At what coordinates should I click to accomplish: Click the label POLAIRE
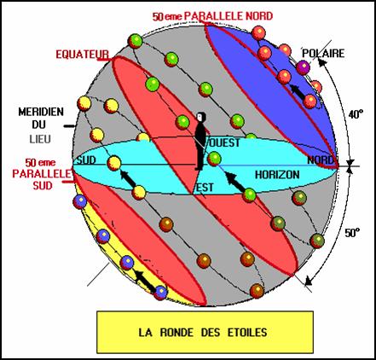click(x=323, y=53)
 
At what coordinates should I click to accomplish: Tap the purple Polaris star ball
click(x=303, y=67)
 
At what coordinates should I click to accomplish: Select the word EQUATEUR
click(x=83, y=55)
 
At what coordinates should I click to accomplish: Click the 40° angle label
click(x=356, y=114)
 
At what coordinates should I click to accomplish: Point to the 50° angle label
click(x=352, y=233)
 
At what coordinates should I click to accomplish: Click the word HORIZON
click(x=277, y=175)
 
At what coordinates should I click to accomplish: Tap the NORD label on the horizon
click(x=321, y=160)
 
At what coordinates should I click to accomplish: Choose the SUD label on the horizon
click(x=86, y=160)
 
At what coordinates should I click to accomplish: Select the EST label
click(x=205, y=188)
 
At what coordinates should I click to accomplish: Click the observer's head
click(x=201, y=117)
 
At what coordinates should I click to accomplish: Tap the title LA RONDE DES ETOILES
click(x=203, y=332)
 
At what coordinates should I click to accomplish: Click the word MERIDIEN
click(x=41, y=112)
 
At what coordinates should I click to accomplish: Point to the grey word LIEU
click(x=40, y=139)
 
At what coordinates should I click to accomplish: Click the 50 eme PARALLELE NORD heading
click(x=212, y=16)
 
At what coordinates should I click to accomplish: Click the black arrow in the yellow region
click(x=145, y=281)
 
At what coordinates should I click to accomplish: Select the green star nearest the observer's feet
click(x=214, y=159)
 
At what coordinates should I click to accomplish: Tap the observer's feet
click(x=199, y=169)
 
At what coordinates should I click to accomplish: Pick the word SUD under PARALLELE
click(x=43, y=186)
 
